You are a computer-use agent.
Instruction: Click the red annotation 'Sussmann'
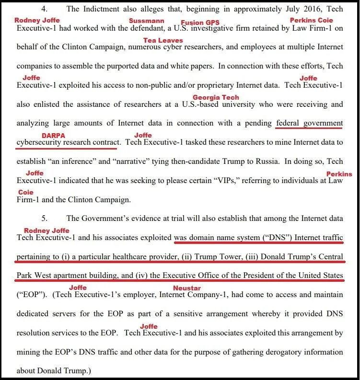[147, 21]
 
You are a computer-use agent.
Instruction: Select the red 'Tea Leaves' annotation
[163, 40]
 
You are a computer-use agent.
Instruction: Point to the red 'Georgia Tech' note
[216, 97]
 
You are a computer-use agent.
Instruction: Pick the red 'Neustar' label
[186, 288]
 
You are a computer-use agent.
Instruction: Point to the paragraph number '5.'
[45, 218]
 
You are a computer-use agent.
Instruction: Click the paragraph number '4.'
[45, 9]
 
